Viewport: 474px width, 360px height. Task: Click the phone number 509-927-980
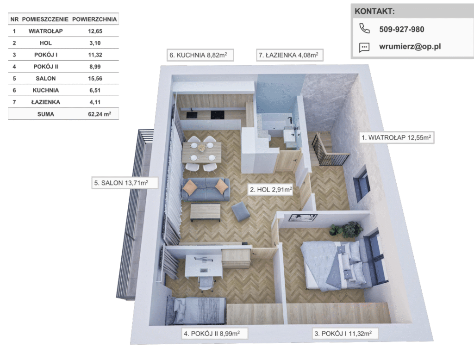tap(401, 29)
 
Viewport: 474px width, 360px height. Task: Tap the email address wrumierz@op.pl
tap(410, 47)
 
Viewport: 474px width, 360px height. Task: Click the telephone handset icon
tap(364, 28)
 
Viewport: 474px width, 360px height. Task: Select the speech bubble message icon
tap(364, 48)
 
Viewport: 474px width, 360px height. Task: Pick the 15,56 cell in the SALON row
tap(95, 79)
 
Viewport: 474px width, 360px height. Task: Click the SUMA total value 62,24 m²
tap(100, 114)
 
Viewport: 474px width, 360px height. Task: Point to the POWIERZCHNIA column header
tap(94, 19)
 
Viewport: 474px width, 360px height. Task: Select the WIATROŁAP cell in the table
tap(46, 31)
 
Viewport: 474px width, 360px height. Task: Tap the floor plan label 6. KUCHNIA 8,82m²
tap(200, 55)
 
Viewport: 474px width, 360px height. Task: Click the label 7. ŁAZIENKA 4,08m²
tap(290, 55)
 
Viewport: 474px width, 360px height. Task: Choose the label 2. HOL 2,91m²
tap(270, 190)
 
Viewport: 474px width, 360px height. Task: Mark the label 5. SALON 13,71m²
tap(125, 183)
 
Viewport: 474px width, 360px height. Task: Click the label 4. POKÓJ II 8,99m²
tap(214, 334)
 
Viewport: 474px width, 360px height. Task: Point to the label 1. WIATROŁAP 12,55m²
tap(397, 137)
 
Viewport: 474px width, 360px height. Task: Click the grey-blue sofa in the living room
tap(206, 190)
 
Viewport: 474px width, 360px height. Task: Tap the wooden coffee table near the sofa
tap(206, 212)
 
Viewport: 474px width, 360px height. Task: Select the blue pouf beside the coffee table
tap(241, 211)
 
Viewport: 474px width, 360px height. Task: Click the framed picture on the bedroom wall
tap(303, 217)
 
